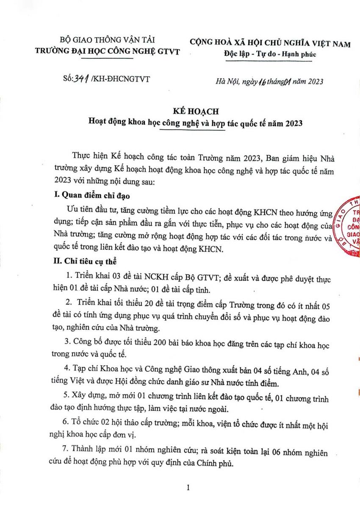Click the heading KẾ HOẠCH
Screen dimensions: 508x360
(x=196, y=111)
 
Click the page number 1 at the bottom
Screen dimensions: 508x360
(x=188, y=488)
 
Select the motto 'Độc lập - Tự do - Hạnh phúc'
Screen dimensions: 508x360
(x=270, y=54)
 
